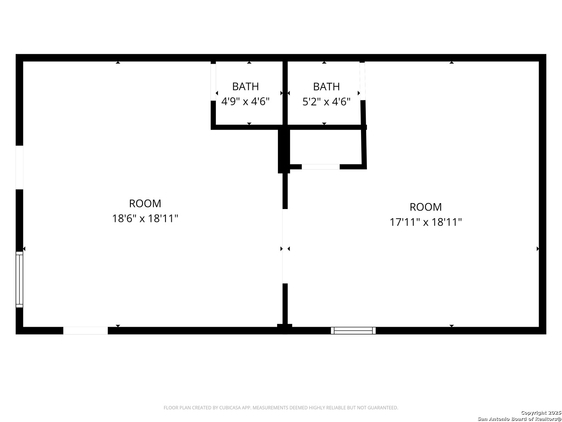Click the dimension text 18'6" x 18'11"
[x=145, y=218]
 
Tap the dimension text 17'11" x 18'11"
[x=426, y=222]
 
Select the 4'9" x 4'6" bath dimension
[x=245, y=102]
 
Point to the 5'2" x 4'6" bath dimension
[x=326, y=102]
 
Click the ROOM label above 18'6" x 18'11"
[x=145, y=204]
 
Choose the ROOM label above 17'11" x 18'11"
[x=426, y=207]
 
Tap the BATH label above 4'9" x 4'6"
[x=245, y=86]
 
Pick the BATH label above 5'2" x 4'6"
[x=326, y=86]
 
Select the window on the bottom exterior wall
[x=353, y=331]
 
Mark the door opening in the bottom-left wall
[x=85, y=331]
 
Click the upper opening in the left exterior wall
[x=19, y=167]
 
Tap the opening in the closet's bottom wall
[x=320, y=167]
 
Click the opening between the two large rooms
[x=285, y=246]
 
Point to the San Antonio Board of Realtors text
[x=519, y=419]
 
